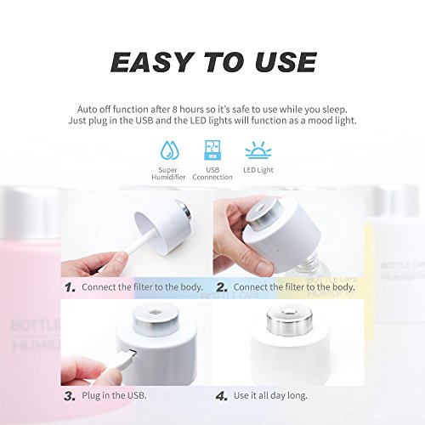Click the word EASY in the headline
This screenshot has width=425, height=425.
click(151, 62)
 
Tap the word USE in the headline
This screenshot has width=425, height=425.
click(286, 62)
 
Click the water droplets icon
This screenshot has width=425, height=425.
click(170, 150)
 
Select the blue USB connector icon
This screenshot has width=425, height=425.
click(212, 150)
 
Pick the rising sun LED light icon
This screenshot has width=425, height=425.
click(258, 150)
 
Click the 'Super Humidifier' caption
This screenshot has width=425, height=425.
click(168, 173)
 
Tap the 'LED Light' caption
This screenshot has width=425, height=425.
click(258, 170)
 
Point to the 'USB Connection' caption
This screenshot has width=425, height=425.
click(212, 173)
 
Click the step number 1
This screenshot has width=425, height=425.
click(70, 287)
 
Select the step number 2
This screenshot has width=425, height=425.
click(222, 287)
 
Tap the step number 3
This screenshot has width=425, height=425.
click(70, 396)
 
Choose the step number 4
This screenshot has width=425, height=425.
click(222, 396)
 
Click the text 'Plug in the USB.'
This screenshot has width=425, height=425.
click(114, 395)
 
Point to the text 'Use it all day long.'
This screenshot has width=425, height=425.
click(270, 395)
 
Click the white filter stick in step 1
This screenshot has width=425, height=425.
click(142, 241)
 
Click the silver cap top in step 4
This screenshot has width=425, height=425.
click(289, 320)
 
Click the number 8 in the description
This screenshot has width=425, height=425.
click(175, 110)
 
